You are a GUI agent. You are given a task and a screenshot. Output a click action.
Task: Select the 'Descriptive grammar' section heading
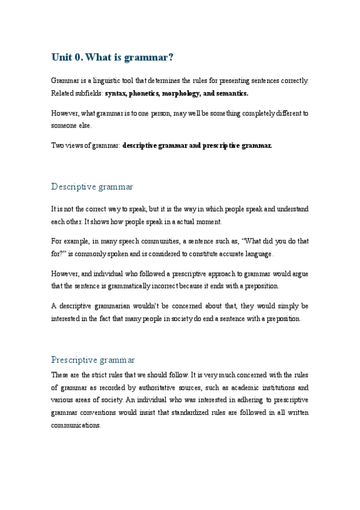click(x=92, y=186)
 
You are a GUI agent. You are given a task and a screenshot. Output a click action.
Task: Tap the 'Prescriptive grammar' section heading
click(x=93, y=360)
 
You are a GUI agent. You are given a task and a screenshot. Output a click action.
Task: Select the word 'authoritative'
click(x=178, y=388)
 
